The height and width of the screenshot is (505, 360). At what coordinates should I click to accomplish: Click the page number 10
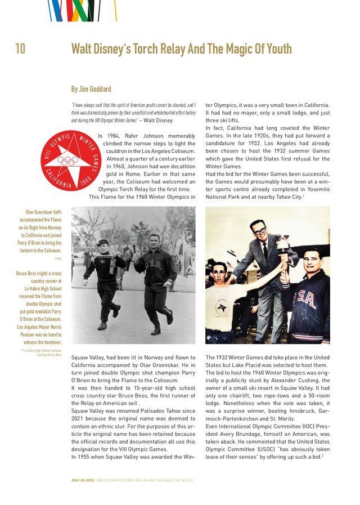(20, 49)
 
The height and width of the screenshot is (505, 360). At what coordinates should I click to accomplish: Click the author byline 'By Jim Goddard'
(91, 89)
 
